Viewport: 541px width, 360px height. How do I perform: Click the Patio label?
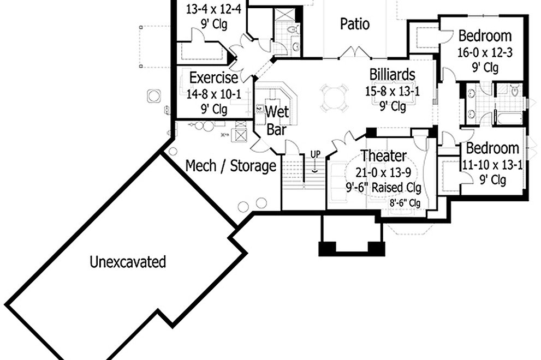[x=355, y=24]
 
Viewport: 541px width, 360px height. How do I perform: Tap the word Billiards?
[x=392, y=74]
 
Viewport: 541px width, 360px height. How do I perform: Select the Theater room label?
[x=383, y=157]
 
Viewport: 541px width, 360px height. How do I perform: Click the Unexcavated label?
[x=127, y=262]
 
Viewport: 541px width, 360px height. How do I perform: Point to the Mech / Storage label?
[x=231, y=166]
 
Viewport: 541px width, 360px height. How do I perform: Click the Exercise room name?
[x=213, y=78]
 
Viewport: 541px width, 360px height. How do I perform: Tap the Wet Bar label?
[x=277, y=121]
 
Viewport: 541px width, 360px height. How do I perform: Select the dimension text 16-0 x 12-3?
[x=485, y=52]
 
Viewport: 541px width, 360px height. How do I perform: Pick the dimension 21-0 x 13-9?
[x=383, y=172]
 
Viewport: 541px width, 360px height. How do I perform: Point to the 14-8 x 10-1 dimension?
[x=213, y=94]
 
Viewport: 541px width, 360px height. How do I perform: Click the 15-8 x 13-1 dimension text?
[x=393, y=91]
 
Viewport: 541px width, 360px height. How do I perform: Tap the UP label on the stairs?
[x=315, y=154]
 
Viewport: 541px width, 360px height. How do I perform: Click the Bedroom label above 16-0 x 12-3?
[x=485, y=36]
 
